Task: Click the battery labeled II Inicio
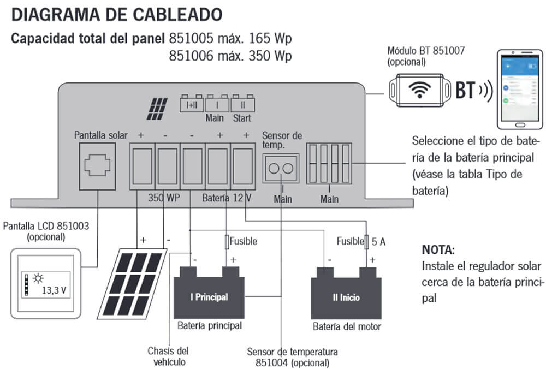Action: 346,296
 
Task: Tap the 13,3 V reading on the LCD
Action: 54,290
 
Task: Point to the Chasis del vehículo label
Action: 168,356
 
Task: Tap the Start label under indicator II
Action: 242,117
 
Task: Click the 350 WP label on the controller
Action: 164,197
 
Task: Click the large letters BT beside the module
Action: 466,90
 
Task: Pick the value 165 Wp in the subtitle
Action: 266,39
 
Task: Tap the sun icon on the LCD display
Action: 39,279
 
